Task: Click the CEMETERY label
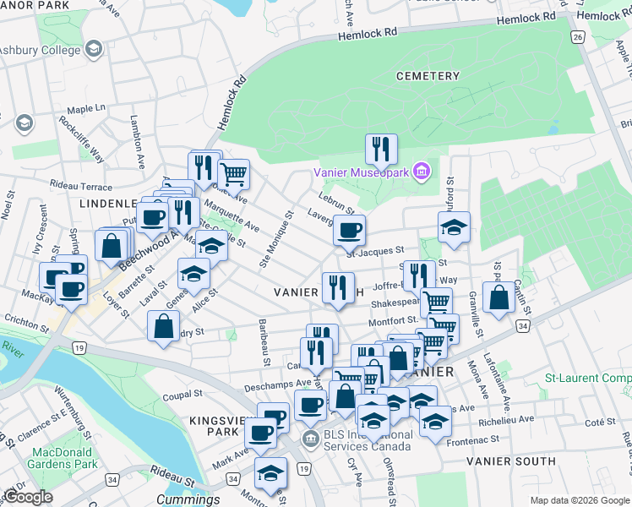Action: (428, 76)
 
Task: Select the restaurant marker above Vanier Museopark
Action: (381, 150)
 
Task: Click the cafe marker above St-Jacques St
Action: (348, 229)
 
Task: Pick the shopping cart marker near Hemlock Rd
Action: (234, 174)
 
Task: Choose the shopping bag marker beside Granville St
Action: (499, 297)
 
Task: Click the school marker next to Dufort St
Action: (454, 226)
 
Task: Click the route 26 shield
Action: (578, 37)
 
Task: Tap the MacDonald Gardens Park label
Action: (63, 458)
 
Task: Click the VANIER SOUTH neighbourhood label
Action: (511, 461)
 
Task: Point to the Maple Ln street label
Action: (86, 109)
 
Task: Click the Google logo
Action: (28, 497)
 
